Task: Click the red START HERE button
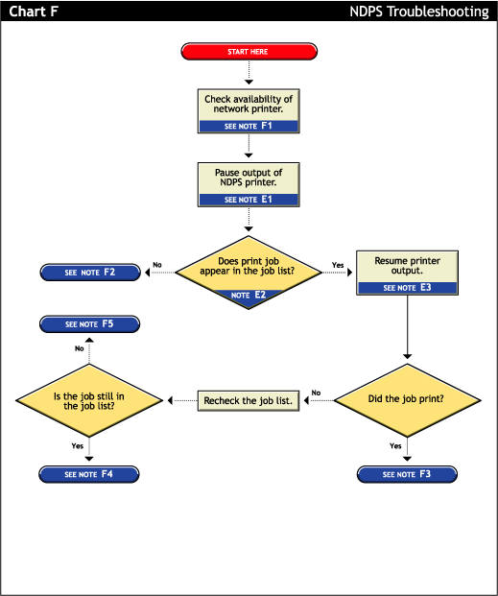pyautogui.click(x=249, y=51)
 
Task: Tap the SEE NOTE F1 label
pyautogui.click(x=249, y=126)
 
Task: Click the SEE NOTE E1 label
pyautogui.click(x=249, y=200)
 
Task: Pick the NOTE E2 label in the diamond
pyautogui.click(x=249, y=296)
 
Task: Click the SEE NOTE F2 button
pyautogui.click(x=90, y=273)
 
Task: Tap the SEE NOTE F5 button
pyautogui.click(x=89, y=324)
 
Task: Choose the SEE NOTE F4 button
pyautogui.click(x=89, y=474)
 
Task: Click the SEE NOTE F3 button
pyautogui.click(x=407, y=474)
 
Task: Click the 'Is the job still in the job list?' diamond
pyautogui.click(x=89, y=399)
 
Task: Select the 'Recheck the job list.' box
pyautogui.click(x=249, y=399)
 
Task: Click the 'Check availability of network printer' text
pyautogui.click(x=249, y=104)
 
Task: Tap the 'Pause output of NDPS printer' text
pyautogui.click(x=249, y=178)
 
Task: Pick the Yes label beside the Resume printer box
pyautogui.click(x=338, y=265)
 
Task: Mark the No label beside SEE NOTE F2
pyautogui.click(x=156, y=265)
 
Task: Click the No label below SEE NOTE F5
pyautogui.click(x=80, y=348)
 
